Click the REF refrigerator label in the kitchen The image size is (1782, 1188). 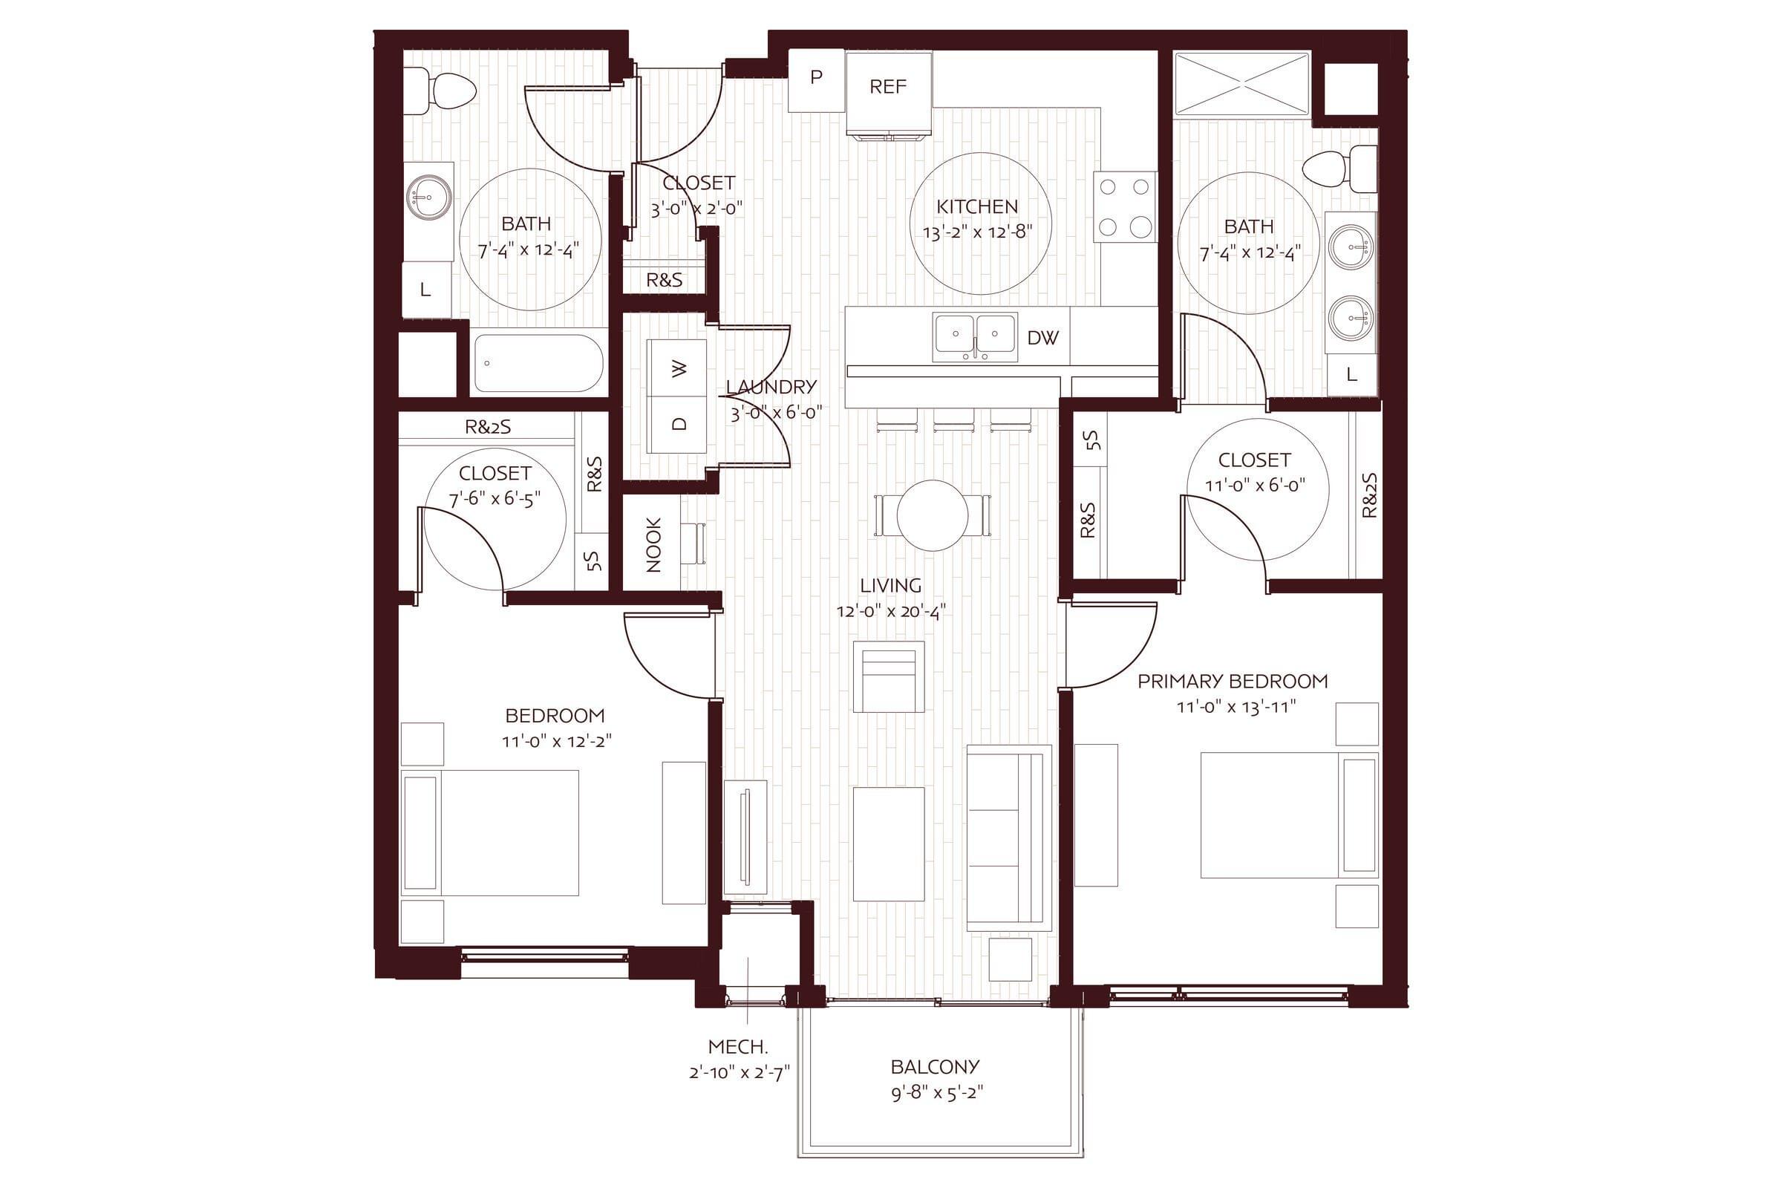coord(888,87)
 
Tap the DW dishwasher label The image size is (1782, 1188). coord(1042,338)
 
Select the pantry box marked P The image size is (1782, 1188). coord(816,80)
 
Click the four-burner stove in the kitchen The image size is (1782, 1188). coord(1124,207)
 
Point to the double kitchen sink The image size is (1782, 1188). coord(975,337)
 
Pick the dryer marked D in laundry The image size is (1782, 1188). coord(678,424)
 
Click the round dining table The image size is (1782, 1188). coord(933,515)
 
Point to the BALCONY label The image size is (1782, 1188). coord(935,1067)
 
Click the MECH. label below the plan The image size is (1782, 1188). coord(738,1047)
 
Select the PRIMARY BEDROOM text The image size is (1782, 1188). coord(1233,681)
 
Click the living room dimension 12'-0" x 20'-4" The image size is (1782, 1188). coord(891,611)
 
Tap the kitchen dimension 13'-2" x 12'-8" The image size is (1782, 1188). coord(977,232)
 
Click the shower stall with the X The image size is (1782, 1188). coord(1241,84)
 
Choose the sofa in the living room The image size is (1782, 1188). coord(1009,838)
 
